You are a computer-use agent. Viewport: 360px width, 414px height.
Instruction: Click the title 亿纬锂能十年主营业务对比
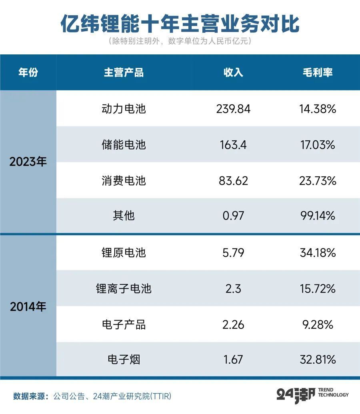(x=180, y=24)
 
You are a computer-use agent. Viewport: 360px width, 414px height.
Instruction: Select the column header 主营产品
(x=124, y=72)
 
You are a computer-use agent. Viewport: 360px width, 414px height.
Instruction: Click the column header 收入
(x=233, y=72)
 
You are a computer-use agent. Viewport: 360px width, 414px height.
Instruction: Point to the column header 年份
(x=28, y=72)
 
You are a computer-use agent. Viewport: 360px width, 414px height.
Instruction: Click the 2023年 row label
(x=28, y=162)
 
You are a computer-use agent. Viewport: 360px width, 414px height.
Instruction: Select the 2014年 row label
(x=28, y=307)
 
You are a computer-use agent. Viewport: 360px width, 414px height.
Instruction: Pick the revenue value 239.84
(x=233, y=109)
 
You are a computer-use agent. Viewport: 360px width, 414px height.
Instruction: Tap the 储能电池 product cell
(x=124, y=145)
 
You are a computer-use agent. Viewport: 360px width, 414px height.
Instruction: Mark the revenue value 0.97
(x=233, y=216)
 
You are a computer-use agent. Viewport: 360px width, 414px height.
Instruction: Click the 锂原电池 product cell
(x=124, y=253)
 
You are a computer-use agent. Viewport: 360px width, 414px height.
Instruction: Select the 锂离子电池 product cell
(x=124, y=288)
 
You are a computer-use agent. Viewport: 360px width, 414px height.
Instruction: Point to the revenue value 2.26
(x=233, y=324)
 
